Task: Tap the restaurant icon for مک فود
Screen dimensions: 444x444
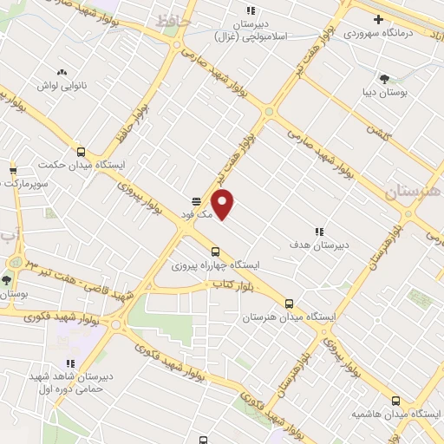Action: coord(197,200)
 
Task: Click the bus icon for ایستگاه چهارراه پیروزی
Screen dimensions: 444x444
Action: coord(215,251)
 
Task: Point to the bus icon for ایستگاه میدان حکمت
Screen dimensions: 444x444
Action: coord(81,151)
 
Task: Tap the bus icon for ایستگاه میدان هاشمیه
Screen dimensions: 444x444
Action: coord(396,401)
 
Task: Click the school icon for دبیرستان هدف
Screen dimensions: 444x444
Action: coord(319,232)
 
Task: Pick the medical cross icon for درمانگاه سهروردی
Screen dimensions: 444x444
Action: coord(378,19)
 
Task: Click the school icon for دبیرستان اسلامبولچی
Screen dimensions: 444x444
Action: coord(251,11)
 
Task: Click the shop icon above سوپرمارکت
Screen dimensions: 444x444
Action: coord(13,170)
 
